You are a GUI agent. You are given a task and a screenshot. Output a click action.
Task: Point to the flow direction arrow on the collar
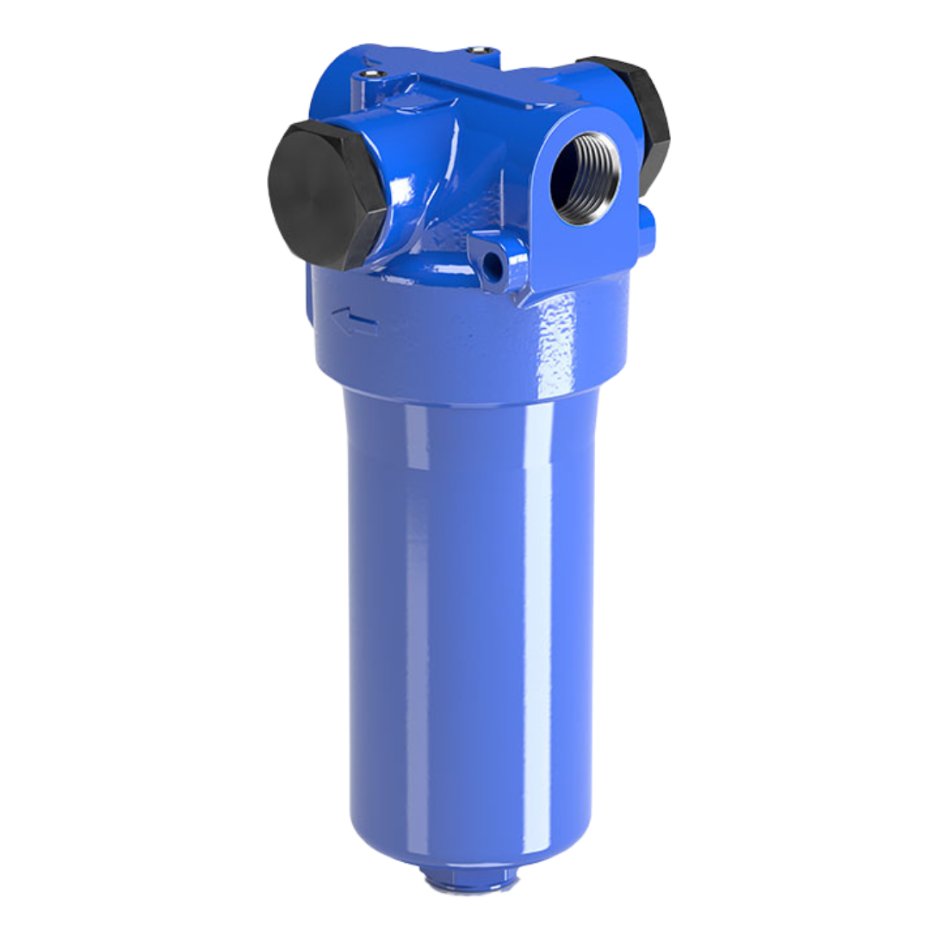[355, 321]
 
